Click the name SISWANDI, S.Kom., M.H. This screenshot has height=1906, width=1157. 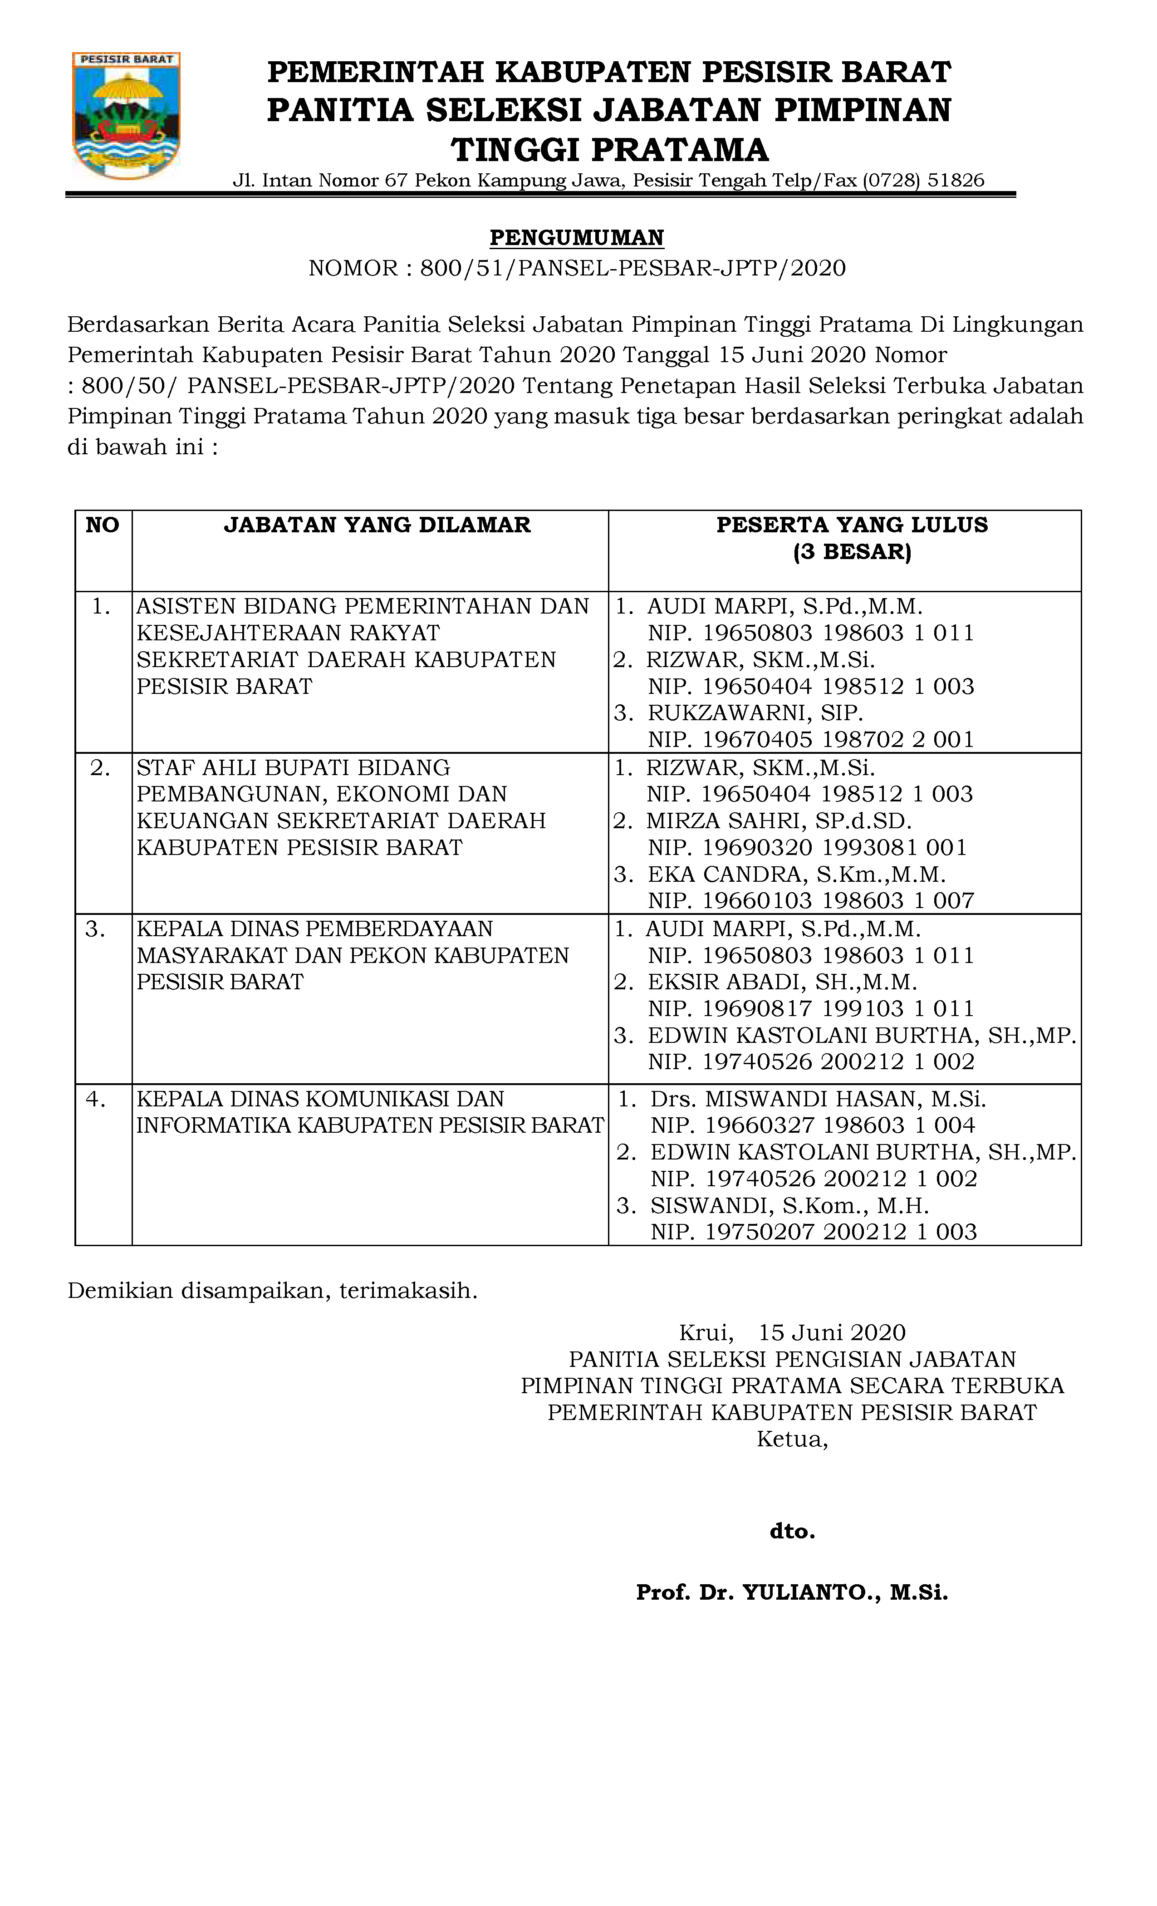pos(789,1205)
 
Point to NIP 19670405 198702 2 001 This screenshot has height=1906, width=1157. pos(810,740)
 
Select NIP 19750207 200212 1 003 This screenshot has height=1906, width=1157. pos(814,1232)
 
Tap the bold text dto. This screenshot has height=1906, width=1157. pos(792,1532)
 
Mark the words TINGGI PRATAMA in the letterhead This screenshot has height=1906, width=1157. pos(609,150)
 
